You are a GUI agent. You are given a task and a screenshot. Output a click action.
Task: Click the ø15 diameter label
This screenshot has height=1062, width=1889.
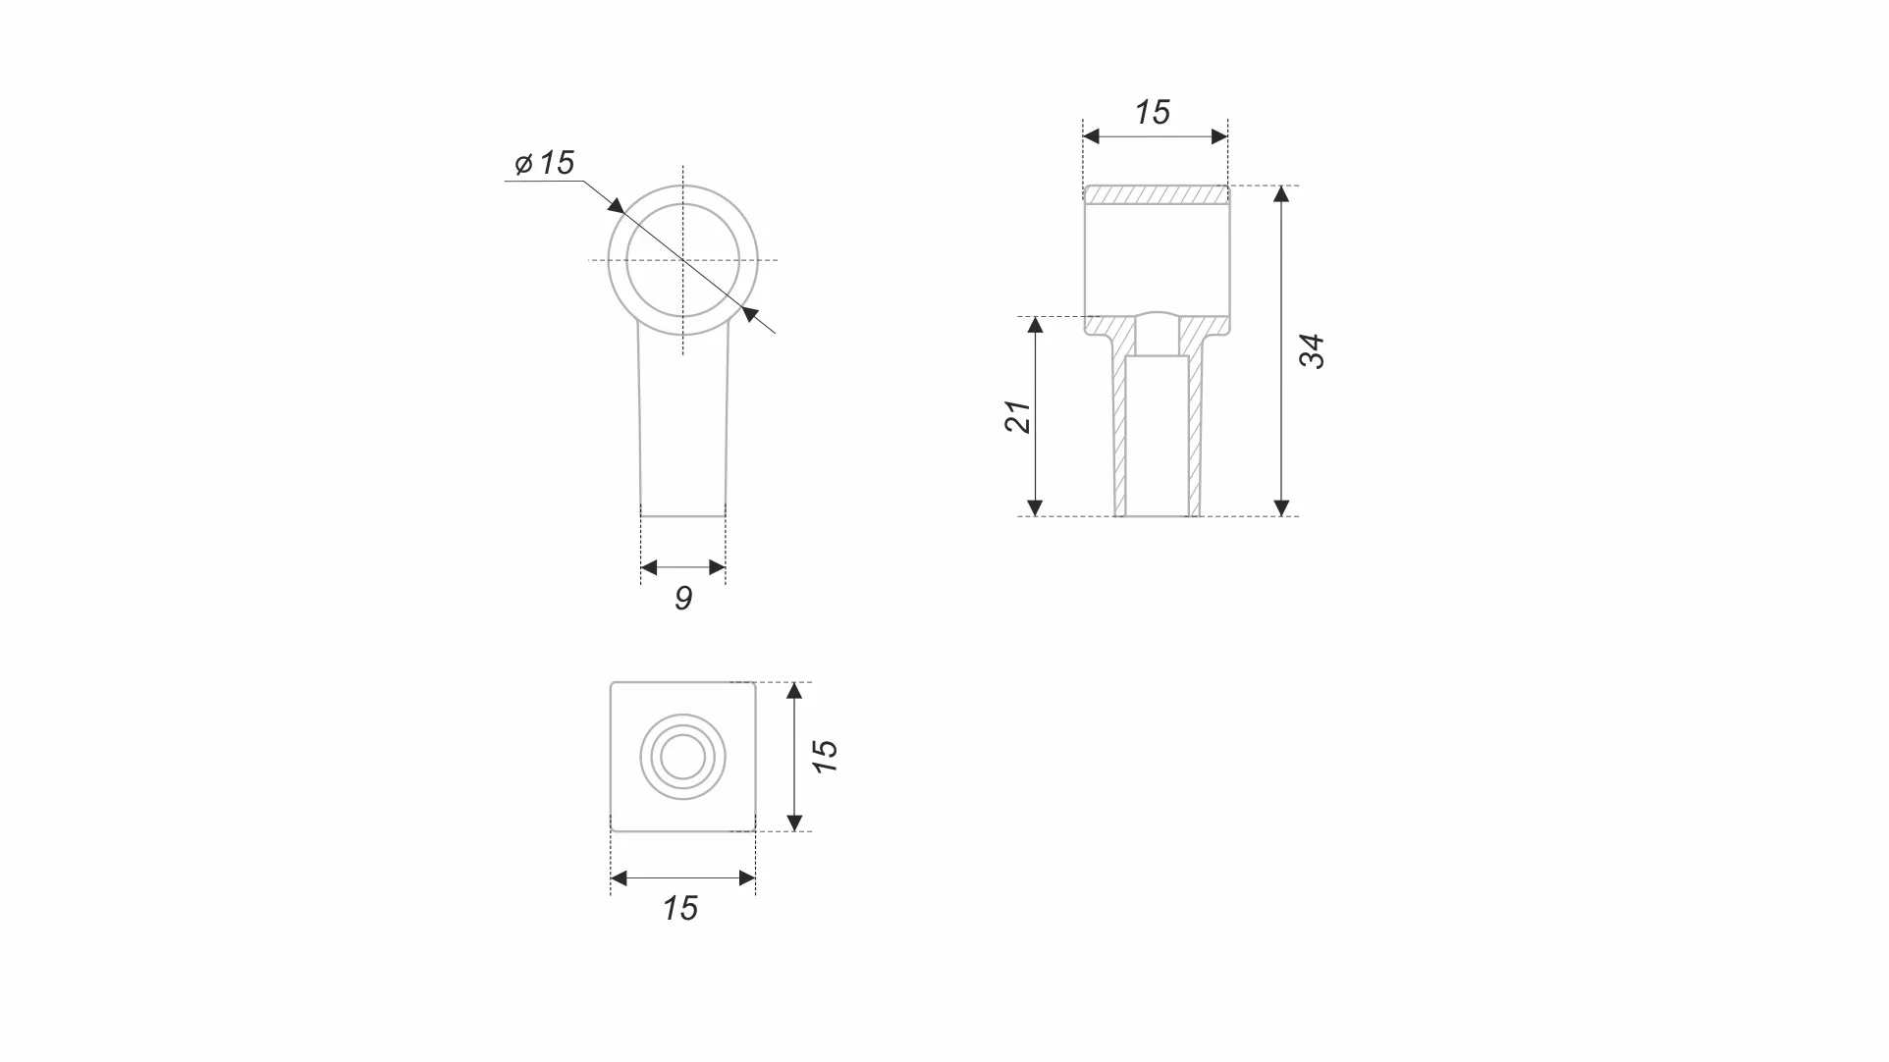(546, 163)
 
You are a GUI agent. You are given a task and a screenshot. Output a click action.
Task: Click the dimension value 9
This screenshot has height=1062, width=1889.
(684, 599)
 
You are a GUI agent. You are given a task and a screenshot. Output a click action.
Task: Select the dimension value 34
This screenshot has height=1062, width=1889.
(1313, 351)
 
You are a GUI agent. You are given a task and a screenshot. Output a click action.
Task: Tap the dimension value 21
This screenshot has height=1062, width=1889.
(1018, 417)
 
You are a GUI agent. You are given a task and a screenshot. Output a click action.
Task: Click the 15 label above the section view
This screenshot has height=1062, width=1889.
(1154, 113)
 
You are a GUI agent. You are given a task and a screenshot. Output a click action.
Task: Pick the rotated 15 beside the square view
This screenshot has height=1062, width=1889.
(826, 756)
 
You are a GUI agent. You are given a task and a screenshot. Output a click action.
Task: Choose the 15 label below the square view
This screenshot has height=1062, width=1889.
(680, 909)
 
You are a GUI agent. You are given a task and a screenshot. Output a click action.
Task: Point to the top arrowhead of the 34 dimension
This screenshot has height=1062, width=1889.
(1281, 193)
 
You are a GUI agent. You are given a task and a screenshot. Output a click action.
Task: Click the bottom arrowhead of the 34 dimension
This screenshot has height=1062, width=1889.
(1281, 508)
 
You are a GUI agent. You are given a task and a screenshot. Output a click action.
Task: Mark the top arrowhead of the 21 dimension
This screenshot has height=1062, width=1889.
(1035, 325)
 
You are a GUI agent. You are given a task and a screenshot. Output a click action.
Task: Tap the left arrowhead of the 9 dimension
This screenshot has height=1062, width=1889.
(648, 567)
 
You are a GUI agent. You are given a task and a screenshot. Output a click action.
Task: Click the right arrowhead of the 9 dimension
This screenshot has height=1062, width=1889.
(718, 567)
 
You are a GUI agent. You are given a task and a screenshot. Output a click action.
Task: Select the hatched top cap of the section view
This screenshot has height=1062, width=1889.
(1157, 195)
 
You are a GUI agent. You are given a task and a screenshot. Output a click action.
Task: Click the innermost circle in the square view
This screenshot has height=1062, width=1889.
(683, 757)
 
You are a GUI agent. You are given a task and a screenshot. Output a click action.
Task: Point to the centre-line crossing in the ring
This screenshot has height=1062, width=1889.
(683, 260)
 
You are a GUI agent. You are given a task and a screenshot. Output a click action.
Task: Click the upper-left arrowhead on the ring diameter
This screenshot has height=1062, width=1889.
(617, 206)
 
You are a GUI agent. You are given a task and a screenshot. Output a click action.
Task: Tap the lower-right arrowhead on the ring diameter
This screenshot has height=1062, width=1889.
(751, 314)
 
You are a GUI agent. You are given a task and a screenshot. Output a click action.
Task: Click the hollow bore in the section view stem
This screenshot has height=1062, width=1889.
(1157, 437)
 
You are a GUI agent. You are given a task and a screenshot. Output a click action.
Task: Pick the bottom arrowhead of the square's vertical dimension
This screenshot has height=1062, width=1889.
(795, 823)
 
